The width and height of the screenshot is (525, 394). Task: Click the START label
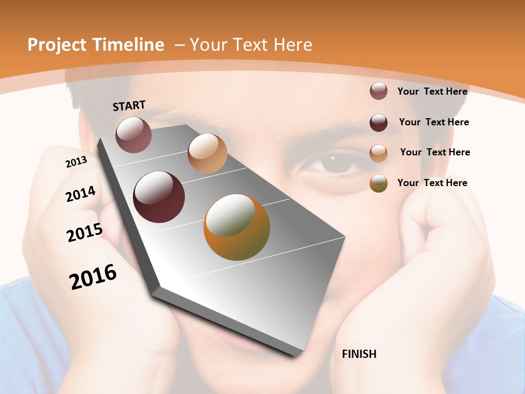pos(129,106)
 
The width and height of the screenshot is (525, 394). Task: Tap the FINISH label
pos(359,354)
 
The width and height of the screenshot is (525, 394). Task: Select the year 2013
pos(76,162)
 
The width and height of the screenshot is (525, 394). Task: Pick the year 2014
pos(80,194)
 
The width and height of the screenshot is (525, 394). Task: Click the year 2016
pos(93,277)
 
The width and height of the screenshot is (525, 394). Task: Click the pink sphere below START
pos(133,135)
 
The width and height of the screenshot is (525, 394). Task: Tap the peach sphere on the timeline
pos(207,153)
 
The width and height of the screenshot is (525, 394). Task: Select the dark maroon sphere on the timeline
pos(159,197)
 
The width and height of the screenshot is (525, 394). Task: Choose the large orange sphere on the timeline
pos(237,227)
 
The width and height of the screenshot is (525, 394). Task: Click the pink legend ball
pos(378,91)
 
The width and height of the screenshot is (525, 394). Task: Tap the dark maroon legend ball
pos(378,123)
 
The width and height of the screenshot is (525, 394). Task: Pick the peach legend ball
pos(378,153)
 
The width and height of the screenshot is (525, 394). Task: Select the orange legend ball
pos(378,183)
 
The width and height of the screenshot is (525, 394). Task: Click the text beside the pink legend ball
pos(432,91)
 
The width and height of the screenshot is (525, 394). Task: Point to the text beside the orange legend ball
pos(432,183)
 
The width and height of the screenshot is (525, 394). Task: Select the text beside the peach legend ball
pos(435,152)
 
